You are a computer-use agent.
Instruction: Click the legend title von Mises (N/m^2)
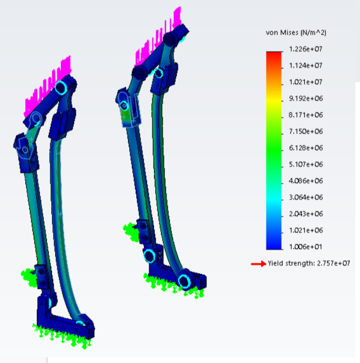coord(296,32)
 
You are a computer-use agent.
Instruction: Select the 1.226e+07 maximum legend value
coord(305,49)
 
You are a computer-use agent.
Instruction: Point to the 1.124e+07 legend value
coord(305,65)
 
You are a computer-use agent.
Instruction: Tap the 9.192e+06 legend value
coord(306,98)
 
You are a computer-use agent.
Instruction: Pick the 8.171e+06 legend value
coord(306,115)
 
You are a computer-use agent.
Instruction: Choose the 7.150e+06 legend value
coord(306,131)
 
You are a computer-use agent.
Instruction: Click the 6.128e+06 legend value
coord(306,148)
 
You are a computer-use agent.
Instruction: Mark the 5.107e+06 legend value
coord(306,164)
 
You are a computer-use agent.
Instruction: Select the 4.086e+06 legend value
coord(306,181)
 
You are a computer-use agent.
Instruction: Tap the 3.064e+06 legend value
coord(306,197)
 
